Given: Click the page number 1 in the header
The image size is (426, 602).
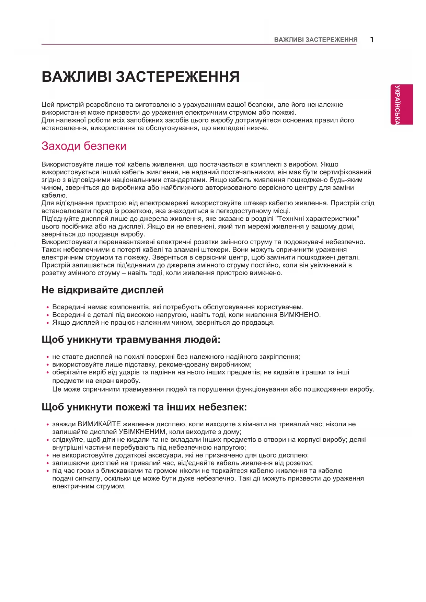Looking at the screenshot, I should [x=372, y=39].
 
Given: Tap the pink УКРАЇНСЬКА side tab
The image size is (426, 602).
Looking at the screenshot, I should [x=401, y=104].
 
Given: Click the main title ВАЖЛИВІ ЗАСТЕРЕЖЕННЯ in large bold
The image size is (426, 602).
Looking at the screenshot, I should [x=140, y=77].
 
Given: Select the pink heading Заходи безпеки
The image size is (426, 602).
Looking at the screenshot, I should [x=84, y=146].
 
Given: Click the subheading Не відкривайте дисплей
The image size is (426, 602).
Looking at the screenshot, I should [x=102, y=290].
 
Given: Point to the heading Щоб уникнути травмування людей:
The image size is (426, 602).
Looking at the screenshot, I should [x=131, y=340].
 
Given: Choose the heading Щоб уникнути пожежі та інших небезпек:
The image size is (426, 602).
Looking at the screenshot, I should [x=144, y=407].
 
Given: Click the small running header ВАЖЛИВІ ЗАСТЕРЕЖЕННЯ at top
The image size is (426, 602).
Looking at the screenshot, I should [x=315, y=40].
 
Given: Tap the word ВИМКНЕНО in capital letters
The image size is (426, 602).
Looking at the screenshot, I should [x=299, y=315].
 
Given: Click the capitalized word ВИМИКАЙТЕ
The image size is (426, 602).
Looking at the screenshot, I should [x=99, y=424].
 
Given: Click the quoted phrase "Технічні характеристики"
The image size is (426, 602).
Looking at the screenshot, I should [x=318, y=219].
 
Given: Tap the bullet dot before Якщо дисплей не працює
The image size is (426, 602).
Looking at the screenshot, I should [x=48, y=323].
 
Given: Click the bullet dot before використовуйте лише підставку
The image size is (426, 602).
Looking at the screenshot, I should [x=48, y=365].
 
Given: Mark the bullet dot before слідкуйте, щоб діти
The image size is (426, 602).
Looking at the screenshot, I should [x=48, y=440].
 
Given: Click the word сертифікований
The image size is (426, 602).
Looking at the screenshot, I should [x=345, y=172].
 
